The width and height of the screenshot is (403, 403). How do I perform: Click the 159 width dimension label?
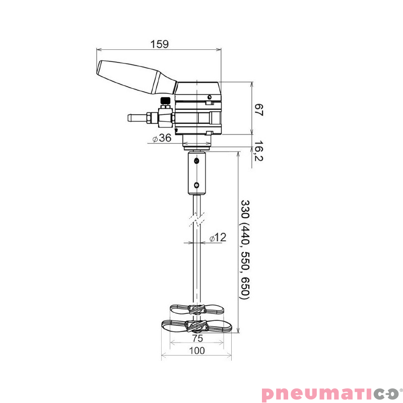(159, 44)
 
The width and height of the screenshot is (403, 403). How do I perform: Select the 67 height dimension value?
(258, 110)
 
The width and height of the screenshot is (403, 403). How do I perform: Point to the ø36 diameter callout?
(162, 138)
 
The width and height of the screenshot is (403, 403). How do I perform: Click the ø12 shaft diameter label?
(218, 238)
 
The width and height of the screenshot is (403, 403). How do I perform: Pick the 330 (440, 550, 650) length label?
(245, 249)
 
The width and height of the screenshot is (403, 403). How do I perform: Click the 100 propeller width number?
(196, 351)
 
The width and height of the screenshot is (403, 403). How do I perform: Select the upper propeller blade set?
(196, 308)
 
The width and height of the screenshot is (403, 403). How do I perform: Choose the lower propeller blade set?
(196, 325)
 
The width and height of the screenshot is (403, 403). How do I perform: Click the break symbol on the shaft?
(197, 220)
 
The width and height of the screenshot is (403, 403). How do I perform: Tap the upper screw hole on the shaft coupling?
(197, 162)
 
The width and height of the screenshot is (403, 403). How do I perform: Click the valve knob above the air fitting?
(165, 101)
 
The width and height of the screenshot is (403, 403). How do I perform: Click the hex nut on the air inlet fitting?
(149, 118)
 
